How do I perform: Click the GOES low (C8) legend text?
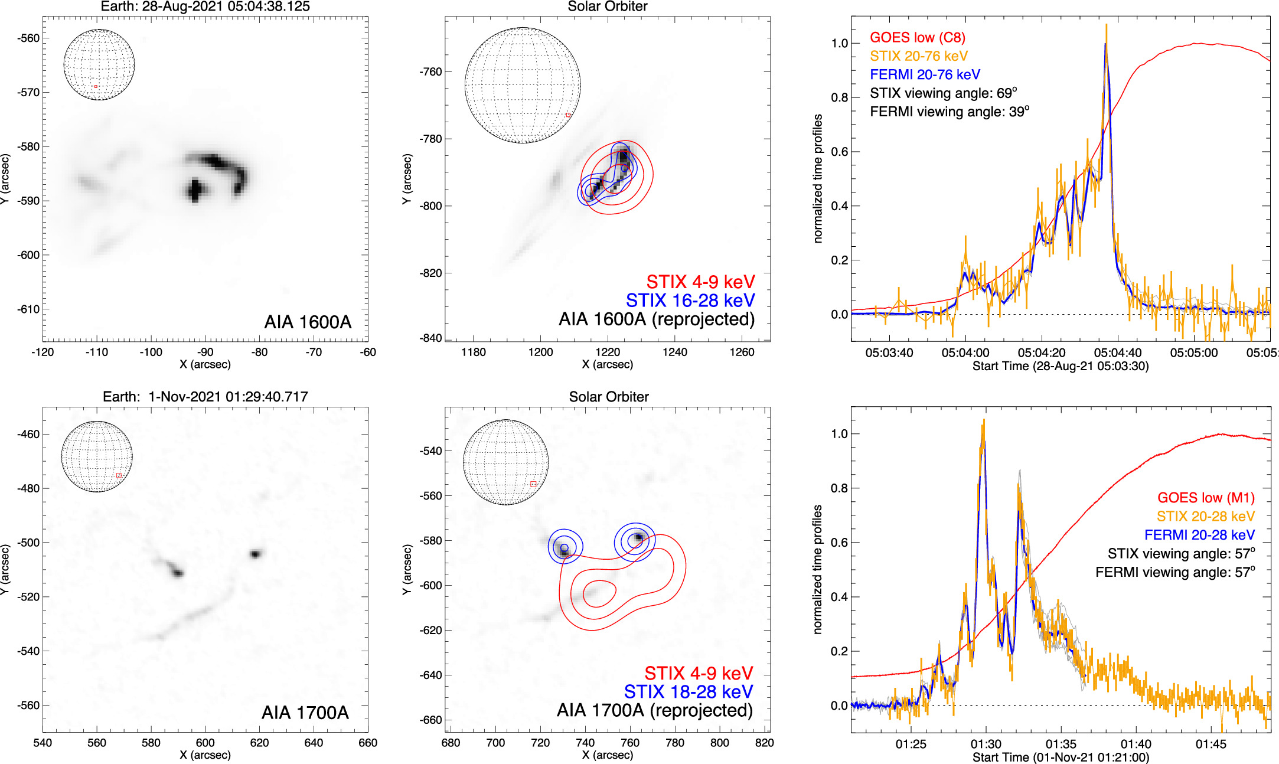(917, 38)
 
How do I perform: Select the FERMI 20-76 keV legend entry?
(925, 75)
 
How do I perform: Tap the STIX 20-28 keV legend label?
(1205, 517)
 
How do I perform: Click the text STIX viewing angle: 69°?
(943, 93)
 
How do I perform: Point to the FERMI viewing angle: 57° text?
(1174, 572)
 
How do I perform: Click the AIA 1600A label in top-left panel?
(308, 322)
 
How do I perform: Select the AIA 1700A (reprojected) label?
(654, 710)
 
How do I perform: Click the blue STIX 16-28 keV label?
(690, 301)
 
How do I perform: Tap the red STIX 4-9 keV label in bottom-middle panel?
(698, 673)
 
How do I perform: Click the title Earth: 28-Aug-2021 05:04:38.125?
(205, 6)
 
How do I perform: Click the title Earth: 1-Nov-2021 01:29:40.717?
(205, 397)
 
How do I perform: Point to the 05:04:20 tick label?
(1041, 353)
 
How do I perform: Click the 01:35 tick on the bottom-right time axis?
(1061, 744)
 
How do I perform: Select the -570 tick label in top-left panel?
(28, 93)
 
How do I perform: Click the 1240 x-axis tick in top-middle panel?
(674, 352)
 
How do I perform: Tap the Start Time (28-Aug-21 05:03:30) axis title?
(1060, 367)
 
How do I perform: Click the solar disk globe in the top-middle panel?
(523, 86)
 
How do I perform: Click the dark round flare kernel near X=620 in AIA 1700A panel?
(255, 554)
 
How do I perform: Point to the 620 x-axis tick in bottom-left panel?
(259, 743)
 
